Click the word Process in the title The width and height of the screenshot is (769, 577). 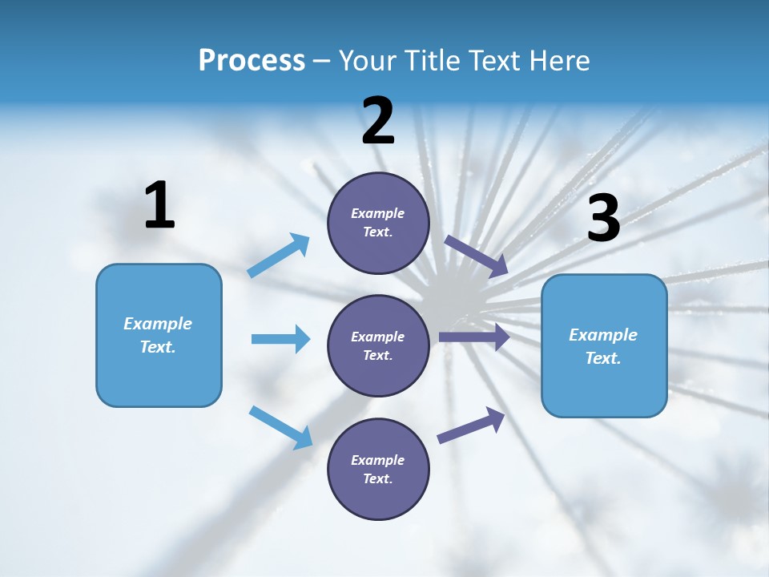[x=252, y=60]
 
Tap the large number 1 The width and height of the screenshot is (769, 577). [x=159, y=205]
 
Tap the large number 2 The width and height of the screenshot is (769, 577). [x=378, y=121]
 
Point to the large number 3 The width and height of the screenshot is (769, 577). [x=603, y=218]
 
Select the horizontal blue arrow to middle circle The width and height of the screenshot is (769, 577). [x=280, y=339]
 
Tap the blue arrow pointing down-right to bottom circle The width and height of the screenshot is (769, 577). [x=281, y=426]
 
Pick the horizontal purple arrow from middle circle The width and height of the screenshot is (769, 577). [x=473, y=337]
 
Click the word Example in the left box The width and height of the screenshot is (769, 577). [x=158, y=324]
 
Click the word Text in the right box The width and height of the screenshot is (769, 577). [x=602, y=358]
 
